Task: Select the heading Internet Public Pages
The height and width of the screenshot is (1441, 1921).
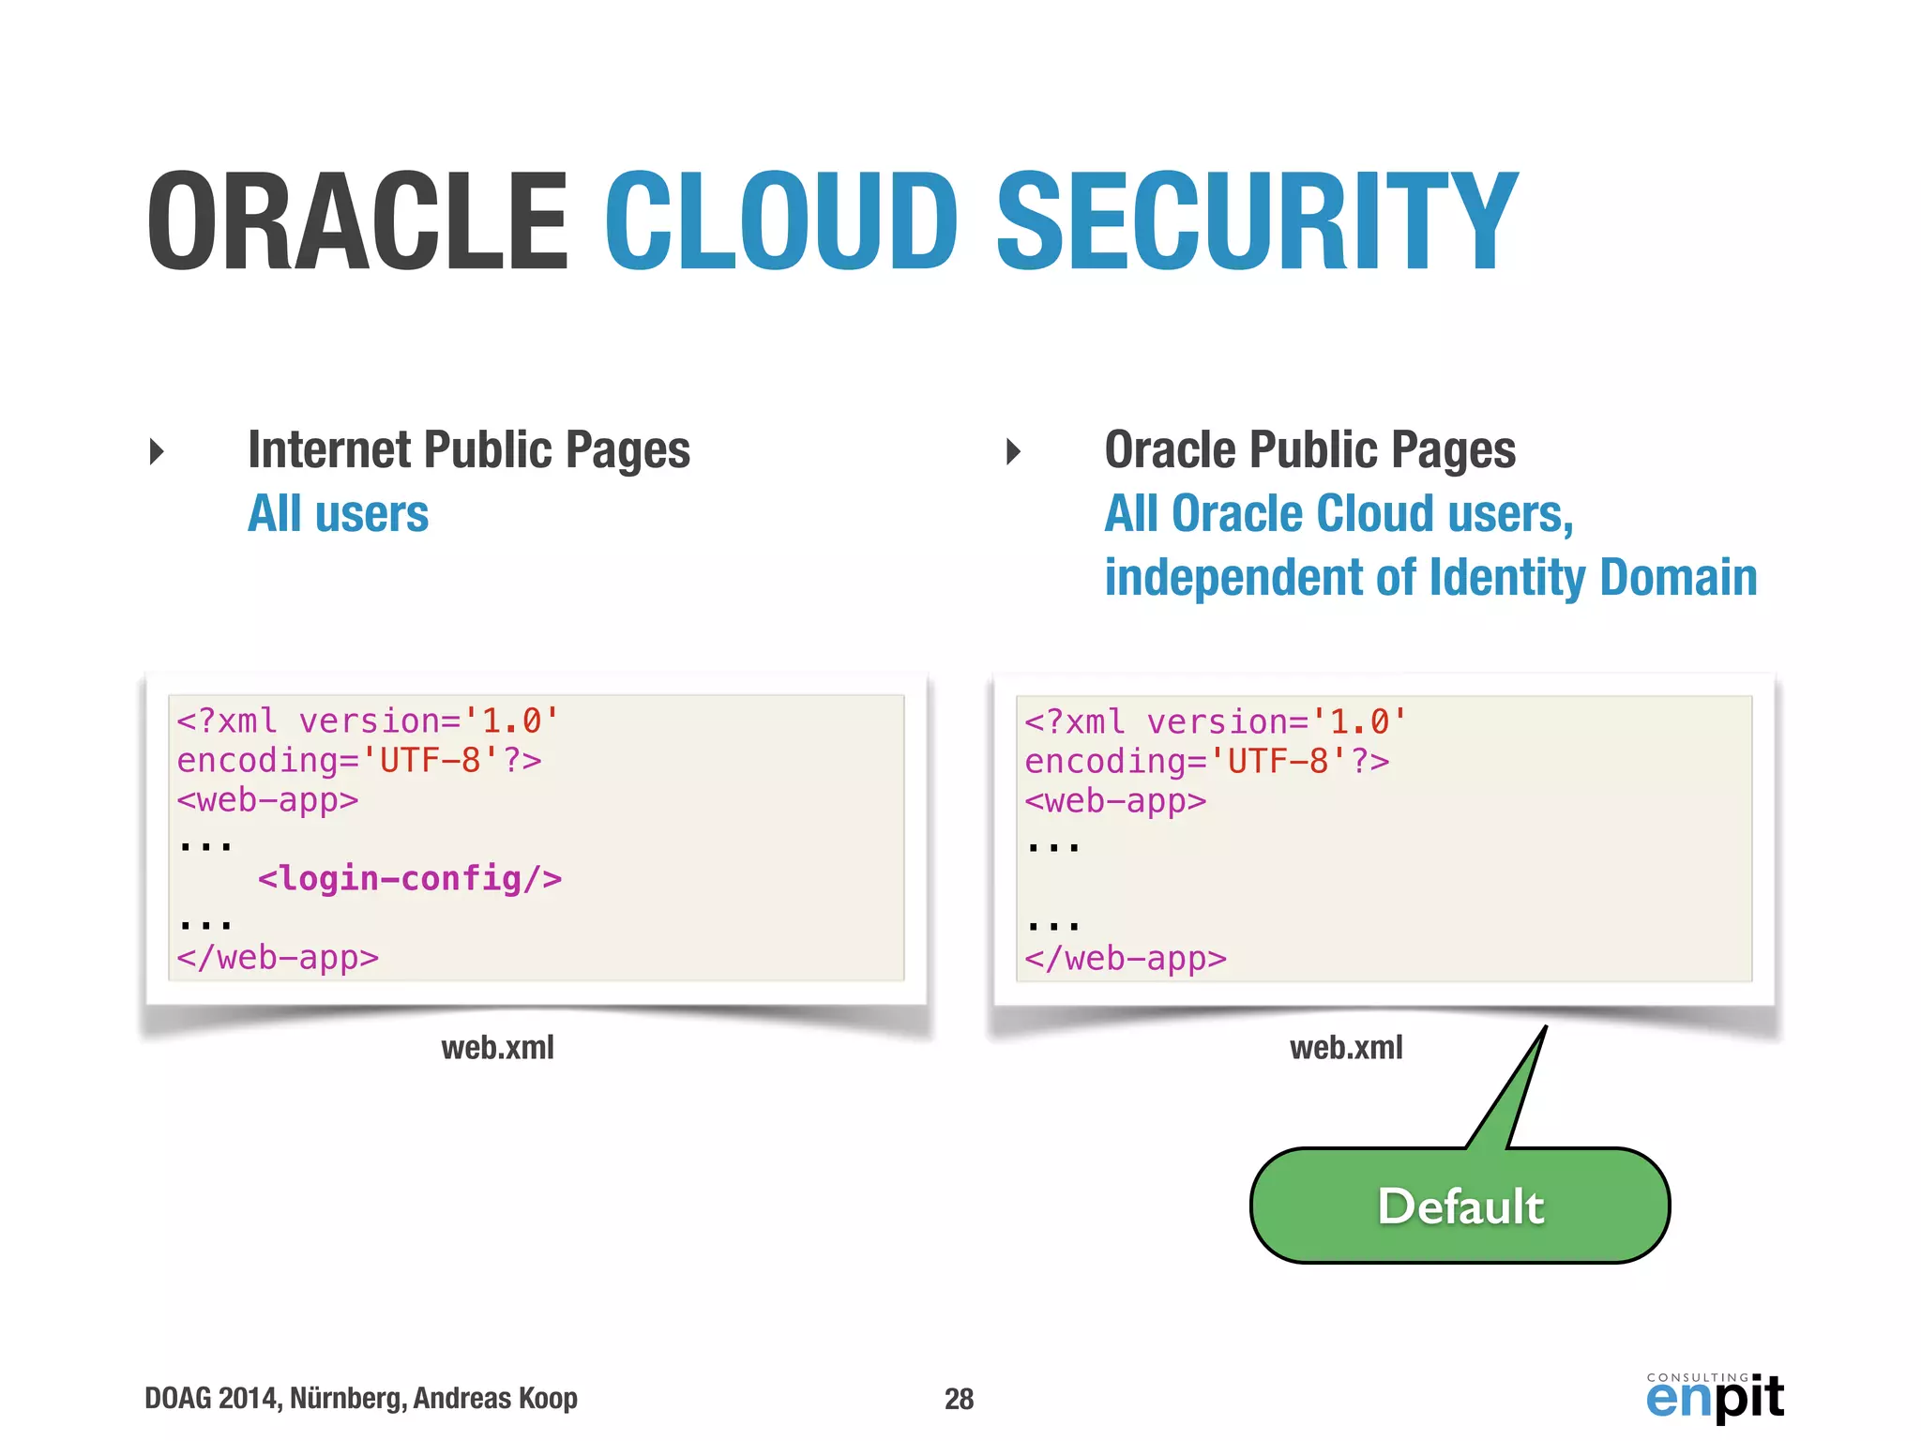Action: click(469, 449)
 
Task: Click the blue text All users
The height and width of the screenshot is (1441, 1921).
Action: click(338, 514)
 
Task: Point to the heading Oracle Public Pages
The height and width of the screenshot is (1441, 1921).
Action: click(1309, 449)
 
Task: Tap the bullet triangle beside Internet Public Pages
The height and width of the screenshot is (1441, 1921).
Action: click(157, 451)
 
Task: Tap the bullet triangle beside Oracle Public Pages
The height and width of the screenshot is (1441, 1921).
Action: click(1013, 451)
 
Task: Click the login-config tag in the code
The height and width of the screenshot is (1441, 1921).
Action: click(410, 879)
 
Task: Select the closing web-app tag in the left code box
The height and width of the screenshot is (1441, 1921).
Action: click(278, 958)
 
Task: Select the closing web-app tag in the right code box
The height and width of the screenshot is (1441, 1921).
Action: click(1126, 959)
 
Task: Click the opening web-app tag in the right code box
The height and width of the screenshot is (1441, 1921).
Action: click(1115, 801)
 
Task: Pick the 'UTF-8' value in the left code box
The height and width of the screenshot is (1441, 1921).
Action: click(431, 760)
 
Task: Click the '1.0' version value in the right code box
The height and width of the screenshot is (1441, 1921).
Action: click(1358, 721)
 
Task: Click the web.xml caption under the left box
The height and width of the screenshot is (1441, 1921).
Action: click(497, 1047)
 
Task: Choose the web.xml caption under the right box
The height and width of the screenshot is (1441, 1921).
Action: click(1346, 1047)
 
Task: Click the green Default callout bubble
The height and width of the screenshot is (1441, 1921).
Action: click(1460, 1206)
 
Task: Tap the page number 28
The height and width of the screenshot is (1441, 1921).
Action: click(959, 1399)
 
